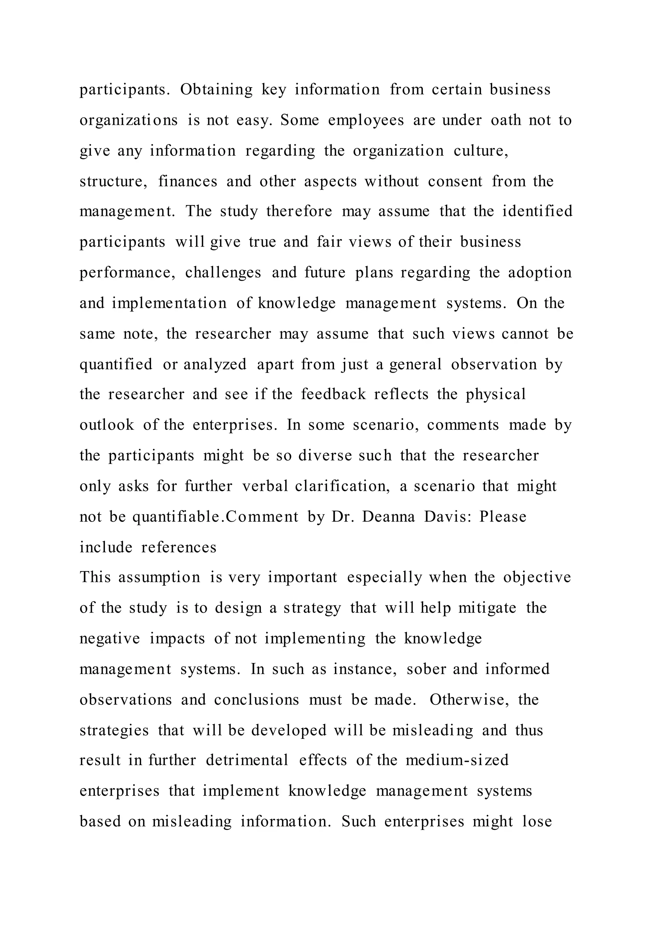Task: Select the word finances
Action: click(188, 181)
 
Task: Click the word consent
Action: click(455, 181)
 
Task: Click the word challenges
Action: click(223, 272)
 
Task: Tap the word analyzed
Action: click(215, 364)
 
